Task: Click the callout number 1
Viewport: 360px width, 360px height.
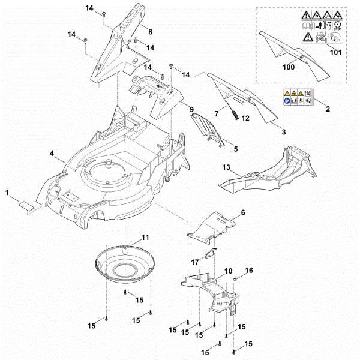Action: coord(7,193)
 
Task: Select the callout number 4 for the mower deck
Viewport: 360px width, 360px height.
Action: coord(53,154)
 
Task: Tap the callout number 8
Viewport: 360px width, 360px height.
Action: coord(150,31)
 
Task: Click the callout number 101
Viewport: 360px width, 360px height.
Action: coord(335,52)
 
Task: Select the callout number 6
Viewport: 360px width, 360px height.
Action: coord(243,212)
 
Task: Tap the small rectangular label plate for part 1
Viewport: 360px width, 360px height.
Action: coord(25,204)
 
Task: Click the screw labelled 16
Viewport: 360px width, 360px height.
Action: coord(238,280)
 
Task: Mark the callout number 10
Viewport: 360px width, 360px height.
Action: coord(229,272)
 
